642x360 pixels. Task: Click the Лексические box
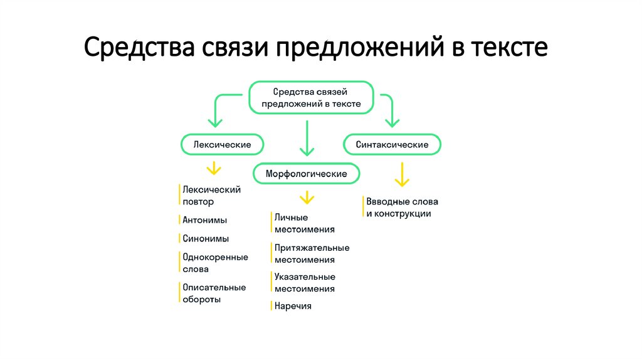pyautogui.click(x=222, y=145)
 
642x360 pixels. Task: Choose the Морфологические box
pyautogui.click(x=307, y=173)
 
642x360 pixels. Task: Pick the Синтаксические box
pyautogui.click(x=392, y=145)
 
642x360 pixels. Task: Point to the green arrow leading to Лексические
pyautogui.click(x=217, y=110)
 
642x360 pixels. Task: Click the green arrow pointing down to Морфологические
pyautogui.click(x=307, y=139)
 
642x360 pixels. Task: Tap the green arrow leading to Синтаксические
pyautogui.click(x=390, y=110)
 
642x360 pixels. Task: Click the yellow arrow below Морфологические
pyautogui.click(x=307, y=198)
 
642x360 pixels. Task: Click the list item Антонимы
pyautogui.click(x=204, y=220)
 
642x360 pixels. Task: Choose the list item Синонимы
pyautogui.click(x=206, y=238)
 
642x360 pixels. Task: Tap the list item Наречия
pyautogui.click(x=292, y=306)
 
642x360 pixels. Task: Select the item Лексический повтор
pyautogui.click(x=211, y=196)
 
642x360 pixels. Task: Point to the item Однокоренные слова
pyautogui.click(x=214, y=263)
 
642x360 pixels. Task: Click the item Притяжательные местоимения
pyautogui.click(x=311, y=254)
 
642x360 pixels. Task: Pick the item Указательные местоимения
pyautogui.click(x=304, y=283)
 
